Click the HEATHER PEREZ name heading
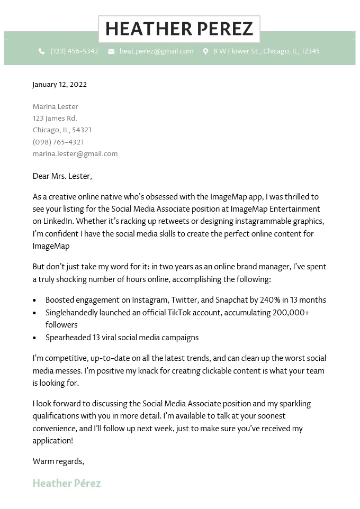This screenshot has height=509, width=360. (x=179, y=29)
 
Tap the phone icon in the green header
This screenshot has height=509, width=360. (x=42, y=51)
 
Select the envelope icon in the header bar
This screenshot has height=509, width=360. (x=111, y=51)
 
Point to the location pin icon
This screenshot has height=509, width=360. (x=205, y=51)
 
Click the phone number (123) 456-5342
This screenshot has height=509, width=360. (x=74, y=51)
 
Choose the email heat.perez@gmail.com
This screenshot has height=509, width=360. (x=156, y=51)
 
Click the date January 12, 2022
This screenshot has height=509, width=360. (x=59, y=85)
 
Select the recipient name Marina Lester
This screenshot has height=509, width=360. (x=55, y=107)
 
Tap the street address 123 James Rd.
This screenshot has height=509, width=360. (x=55, y=119)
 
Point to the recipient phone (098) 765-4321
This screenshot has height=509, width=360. (x=58, y=142)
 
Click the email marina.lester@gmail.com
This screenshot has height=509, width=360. (x=75, y=154)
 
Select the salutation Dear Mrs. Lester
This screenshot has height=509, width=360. (x=62, y=176)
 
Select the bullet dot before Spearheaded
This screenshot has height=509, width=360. (x=34, y=338)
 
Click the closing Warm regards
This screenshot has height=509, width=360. (x=58, y=461)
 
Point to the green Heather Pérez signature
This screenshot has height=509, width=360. (x=67, y=484)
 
